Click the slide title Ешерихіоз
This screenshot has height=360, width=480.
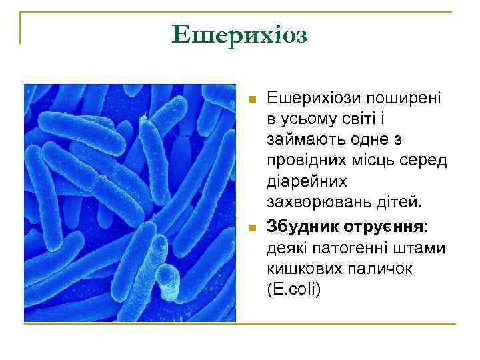tap(239, 34)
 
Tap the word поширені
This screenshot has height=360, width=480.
tap(402, 98)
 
